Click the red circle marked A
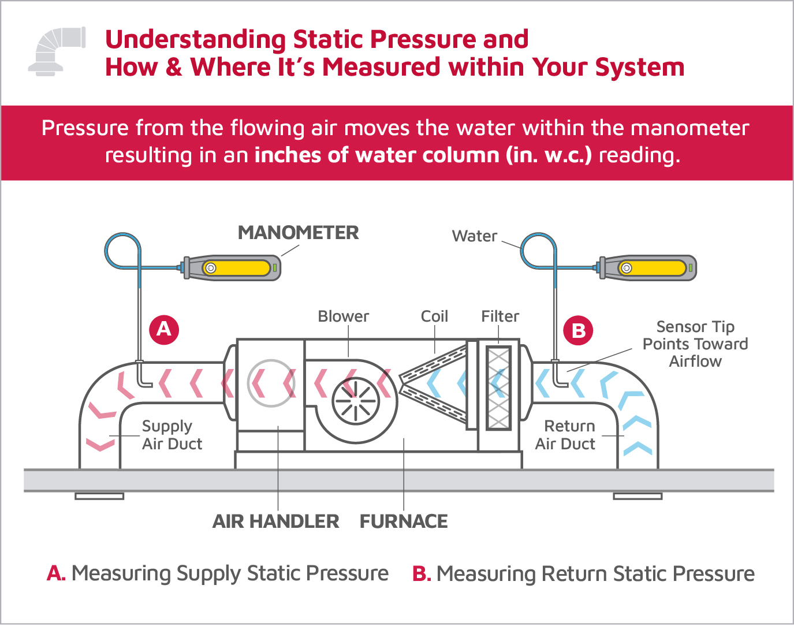tap(164, 330)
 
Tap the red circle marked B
tap(578, 331)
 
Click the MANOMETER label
tap(298, 233)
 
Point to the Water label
tap(474, 236)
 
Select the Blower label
tap(343, 316)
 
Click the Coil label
tap(434, 316)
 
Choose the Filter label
tap(500, 316)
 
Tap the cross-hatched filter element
tap(498, 387)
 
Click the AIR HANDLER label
tap(275, 521)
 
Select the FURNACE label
tap(404, 521)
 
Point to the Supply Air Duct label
tap(172, 435)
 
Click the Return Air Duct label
tap(565, 435)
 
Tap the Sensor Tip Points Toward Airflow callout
tap(695, 344)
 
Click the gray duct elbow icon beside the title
tap(57, 51)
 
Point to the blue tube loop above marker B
tap(538, 250)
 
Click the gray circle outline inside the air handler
tap(271, 383)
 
